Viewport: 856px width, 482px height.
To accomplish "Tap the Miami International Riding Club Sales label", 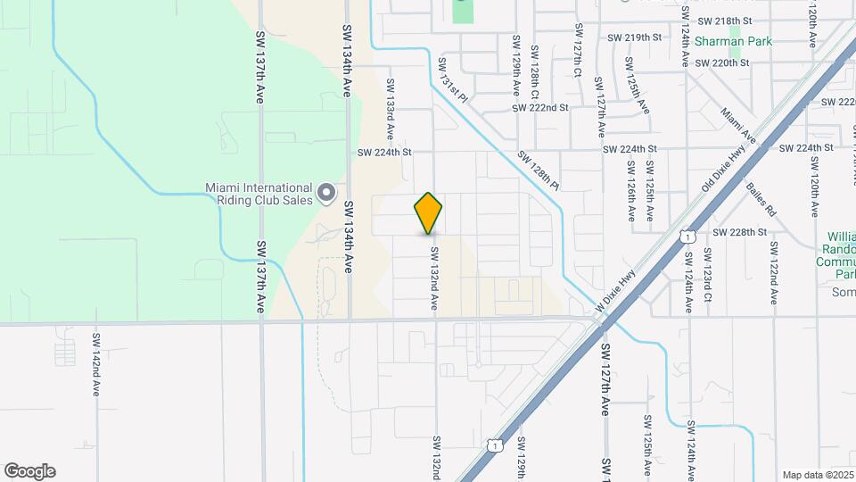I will [x=259, y=194].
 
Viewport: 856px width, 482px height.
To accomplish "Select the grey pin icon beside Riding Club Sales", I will [x=327, y=193].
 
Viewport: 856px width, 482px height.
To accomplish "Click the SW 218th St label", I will [x=725, y=20].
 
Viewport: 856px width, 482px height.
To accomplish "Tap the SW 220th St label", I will [x=721, y=62].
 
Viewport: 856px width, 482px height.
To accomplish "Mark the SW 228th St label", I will [x=739, y=232].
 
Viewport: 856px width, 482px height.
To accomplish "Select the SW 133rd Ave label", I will [x=390, y=108].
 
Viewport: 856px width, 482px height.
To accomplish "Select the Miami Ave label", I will [x=738, y=127].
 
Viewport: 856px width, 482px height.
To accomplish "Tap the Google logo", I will [x=29, y=471].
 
